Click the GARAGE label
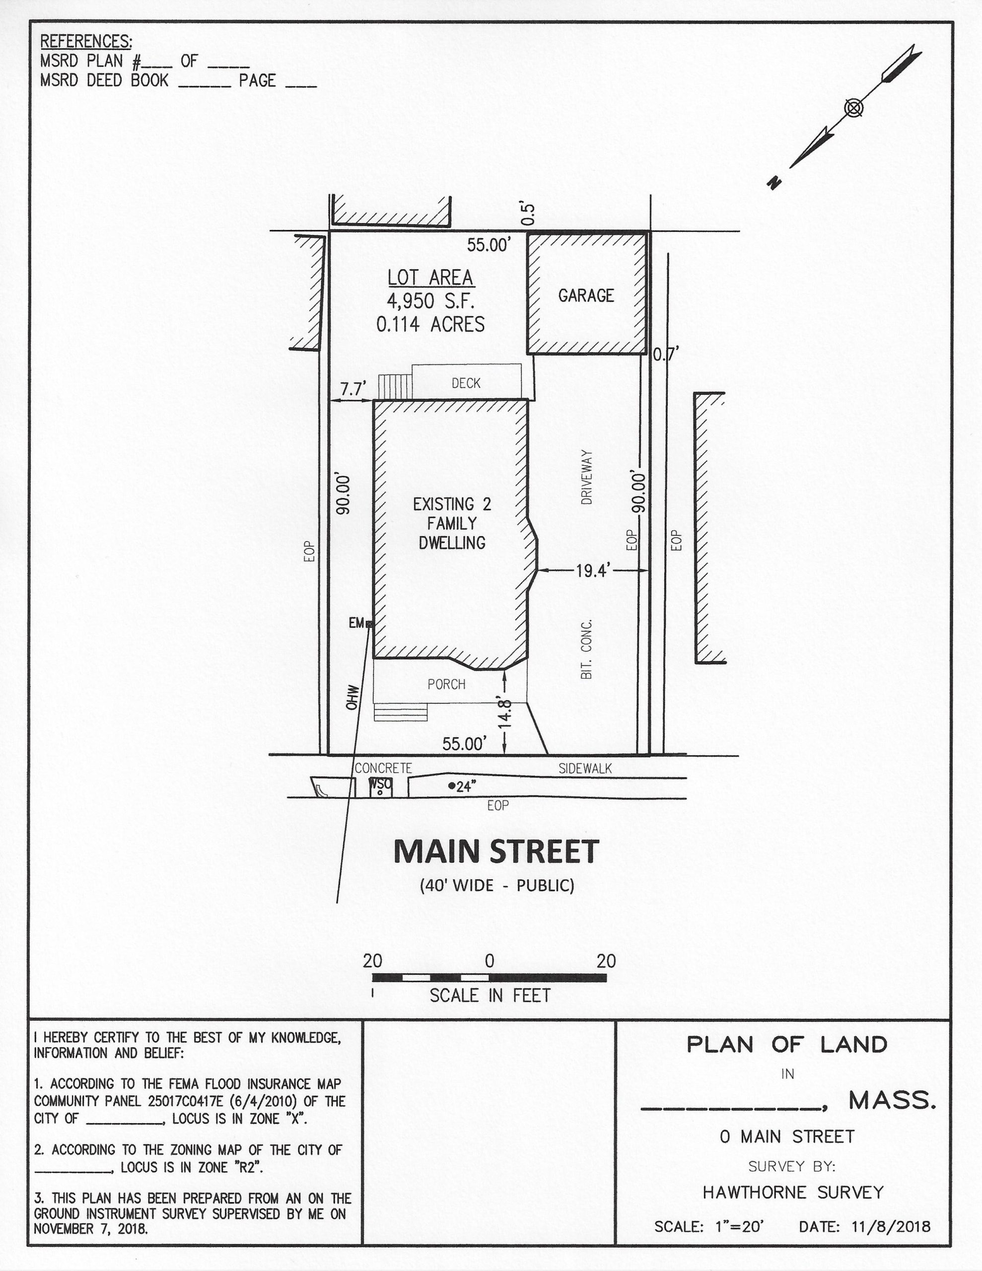tap(586, 295)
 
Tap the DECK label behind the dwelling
tap(466, 383)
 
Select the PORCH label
tap(446, 684)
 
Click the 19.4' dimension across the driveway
tap(592, 571)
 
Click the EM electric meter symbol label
tap(356, 623)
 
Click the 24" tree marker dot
tap(452, 785)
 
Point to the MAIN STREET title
tap(496, 851)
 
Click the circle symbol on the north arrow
tap(853, 108)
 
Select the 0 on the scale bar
tap(490, 961)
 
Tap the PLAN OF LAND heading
tap(787, 1045)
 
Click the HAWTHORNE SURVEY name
tap(793, 1193)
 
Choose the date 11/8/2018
tap(891, 1227)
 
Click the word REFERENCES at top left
tap(85, 41)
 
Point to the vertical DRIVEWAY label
tap(587, 477)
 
